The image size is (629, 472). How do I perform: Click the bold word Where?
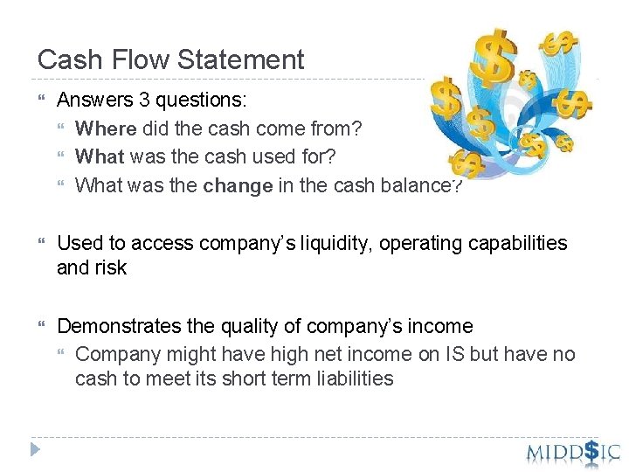pyautogui.click(x=106, y=129)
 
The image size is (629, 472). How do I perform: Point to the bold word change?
pyautogui.click(x=238, y=186)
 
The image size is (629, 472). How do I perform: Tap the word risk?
pyautogui.click(x=111, y=268)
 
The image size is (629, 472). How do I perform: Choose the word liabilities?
pyautogui.click(x=354, y=379)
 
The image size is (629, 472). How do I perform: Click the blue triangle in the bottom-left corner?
pyautogui.click(x=35, y=450)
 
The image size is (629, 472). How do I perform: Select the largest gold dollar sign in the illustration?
pyautogui.click(x=497, y=54)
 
